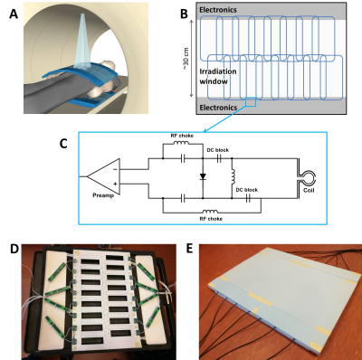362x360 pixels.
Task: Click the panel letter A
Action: coord(14,14)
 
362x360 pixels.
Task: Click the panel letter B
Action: coord(184,14)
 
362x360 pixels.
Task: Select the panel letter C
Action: coord(63,144)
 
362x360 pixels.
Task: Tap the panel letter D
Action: coord(14,250)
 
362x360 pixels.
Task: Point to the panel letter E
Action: coord(189,250)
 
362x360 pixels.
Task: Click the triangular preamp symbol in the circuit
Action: coord(103,176)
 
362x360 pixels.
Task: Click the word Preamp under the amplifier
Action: coord(103,195)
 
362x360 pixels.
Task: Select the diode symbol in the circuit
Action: coord(203,176)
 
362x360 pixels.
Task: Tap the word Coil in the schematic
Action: coord(309,191)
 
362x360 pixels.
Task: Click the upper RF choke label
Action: coord(182,136)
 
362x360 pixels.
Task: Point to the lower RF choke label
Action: coord(211,219)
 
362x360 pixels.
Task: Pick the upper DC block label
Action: coord(218,150)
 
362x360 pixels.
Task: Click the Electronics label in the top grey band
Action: coord(218,10)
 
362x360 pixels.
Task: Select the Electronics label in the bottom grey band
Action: coord(218,108)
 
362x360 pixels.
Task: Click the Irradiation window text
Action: coord(218,76)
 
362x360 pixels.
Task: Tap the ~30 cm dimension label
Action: coord(186,60)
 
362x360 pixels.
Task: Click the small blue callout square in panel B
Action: coord(251,102)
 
